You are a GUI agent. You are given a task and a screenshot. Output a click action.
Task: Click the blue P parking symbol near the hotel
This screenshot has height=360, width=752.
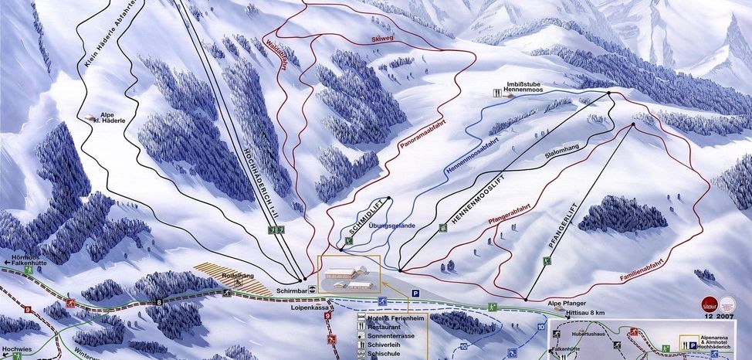point(415,293)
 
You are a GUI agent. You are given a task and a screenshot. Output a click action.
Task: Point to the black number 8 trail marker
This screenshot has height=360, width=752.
point(160,302)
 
